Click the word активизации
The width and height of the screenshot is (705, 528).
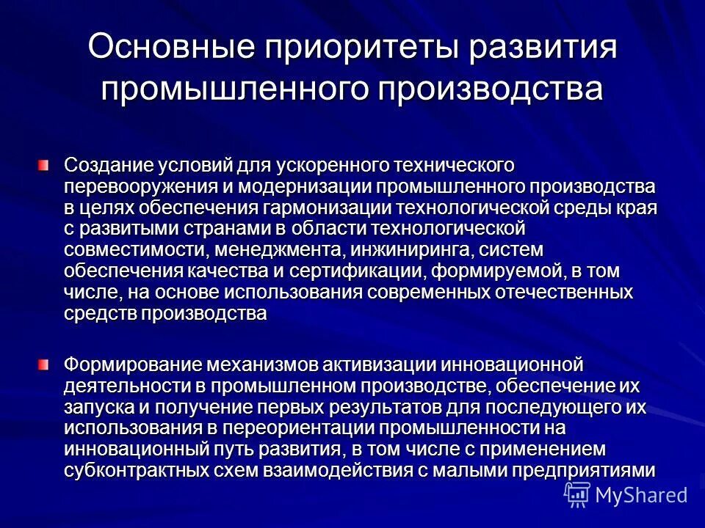pos(383,364)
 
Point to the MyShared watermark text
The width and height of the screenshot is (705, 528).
pos(640,495)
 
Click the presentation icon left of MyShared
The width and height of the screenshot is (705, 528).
pos(577,495)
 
